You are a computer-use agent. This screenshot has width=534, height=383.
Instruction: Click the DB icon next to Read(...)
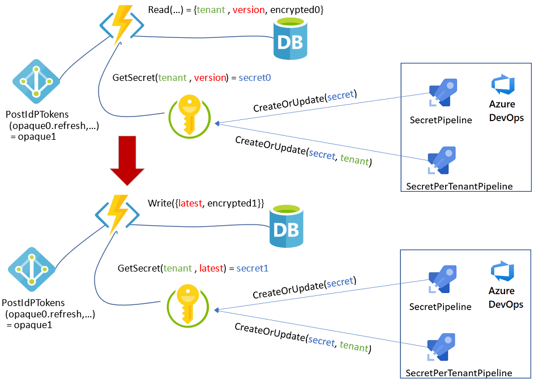coord(290,38)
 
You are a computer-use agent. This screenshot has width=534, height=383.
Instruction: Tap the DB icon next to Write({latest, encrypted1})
coord(287,226)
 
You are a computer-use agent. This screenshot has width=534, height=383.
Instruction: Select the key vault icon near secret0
coord(189,117)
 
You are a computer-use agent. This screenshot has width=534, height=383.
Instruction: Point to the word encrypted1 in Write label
coord(233,203)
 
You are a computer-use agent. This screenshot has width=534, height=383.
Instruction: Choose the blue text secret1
coord(253,268)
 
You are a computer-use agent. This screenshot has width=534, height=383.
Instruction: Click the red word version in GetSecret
coord(211,78)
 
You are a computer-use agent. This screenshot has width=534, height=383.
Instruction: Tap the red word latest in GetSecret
coord(210,268)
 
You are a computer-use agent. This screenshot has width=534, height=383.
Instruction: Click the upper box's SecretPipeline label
coord(441,120)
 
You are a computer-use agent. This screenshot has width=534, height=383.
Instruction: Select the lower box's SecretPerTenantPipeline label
coord(459,373)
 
